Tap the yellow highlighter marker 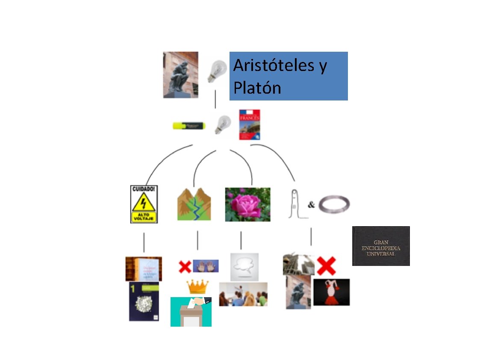188,126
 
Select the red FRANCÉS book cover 250,125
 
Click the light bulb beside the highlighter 222,124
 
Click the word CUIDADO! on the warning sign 144,189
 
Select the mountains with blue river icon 194,204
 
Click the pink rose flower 247,204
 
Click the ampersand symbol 311,205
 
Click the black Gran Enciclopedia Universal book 380,246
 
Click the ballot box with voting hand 191,312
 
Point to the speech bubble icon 244,266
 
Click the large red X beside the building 326,266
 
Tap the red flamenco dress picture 331,292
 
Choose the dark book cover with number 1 144,301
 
